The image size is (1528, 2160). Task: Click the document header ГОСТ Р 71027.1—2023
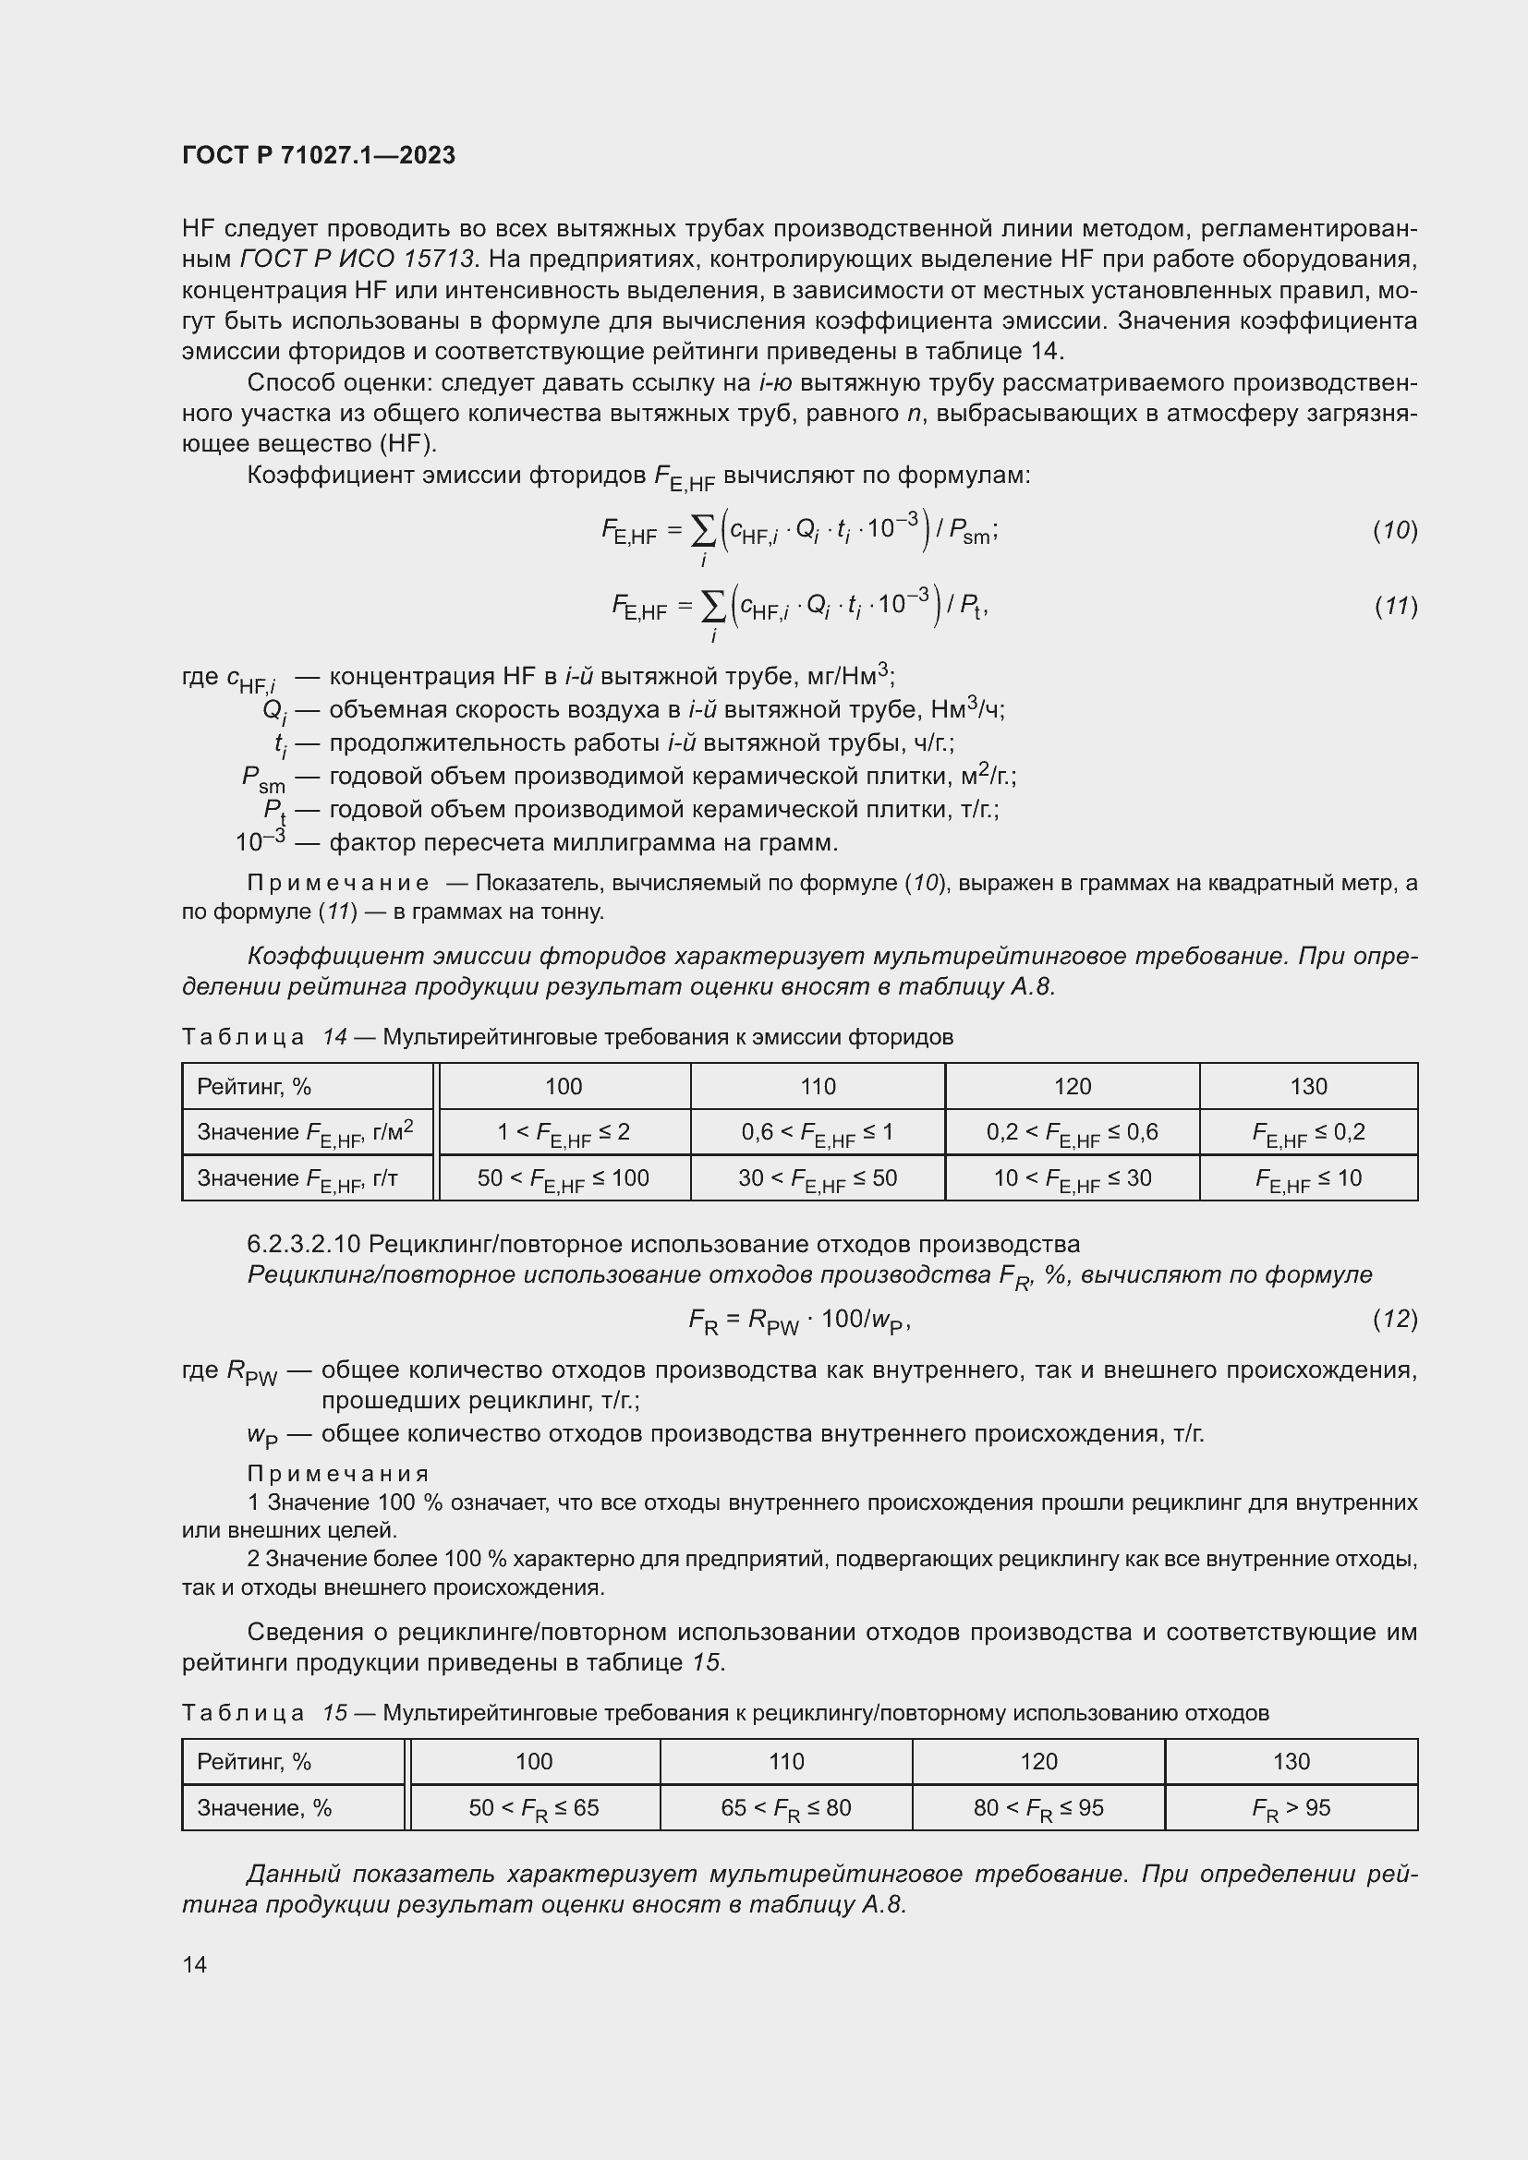(318, 155)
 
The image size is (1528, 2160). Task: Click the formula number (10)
(1394, 531)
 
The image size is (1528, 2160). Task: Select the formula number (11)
(1394, 607)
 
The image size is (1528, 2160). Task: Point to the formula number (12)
(1394, 1319)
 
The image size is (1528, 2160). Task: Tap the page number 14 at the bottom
(195, 1964)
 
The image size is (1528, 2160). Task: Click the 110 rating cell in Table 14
(818, 1087)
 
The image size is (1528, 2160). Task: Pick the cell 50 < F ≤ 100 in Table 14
(563, 1178)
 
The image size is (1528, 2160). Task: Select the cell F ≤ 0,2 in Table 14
(1308, 1133)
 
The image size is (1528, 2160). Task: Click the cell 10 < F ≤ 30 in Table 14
(1072, 1178)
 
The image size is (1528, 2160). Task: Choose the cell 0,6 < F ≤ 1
(818, 1133)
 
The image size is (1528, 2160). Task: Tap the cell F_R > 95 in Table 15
(1291, 1808)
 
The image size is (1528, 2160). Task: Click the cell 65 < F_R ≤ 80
(785, 1808)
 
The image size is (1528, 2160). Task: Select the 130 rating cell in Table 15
(1291, 1762)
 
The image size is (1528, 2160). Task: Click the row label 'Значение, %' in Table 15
(264, 1808)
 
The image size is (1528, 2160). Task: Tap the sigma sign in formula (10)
(703, 531)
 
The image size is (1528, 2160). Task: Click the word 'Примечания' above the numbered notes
(338, 1473)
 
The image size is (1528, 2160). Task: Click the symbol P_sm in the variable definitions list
(262, 778)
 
